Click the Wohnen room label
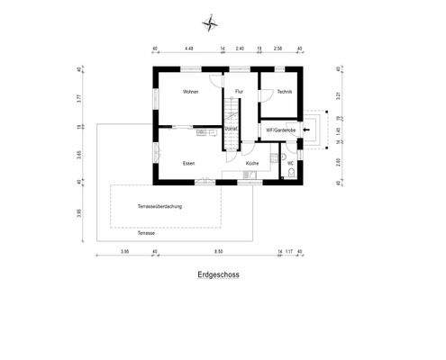pyautogui.click(x=190, y=92)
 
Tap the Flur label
pyautogui.click(x=239, y=92)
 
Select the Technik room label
pyautogui.click(x=285, y=92)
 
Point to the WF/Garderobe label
pyautogui.click(x=280, y=130)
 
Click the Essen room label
pyautogui.click(x=188, y=163)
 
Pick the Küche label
pyautogui.click(x=252, y=163)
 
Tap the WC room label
pyautogui.click(x=291, y=163)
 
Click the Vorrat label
pyautogui.click(x=231, y=130)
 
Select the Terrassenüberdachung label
pyautogui.click(x=159, y=208)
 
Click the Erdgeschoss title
pyautogui.click(x=220, y=277)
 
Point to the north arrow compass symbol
pyautogui.click(x=210, y=24)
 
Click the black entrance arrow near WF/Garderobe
pyautogui.click(x=306, y=130)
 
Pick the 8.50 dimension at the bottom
pyautogui.click(x=219, y=252)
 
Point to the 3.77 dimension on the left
pyautogui.click(x=79, y=100)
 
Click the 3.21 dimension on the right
pyautogui.click(x=339, y=94)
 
